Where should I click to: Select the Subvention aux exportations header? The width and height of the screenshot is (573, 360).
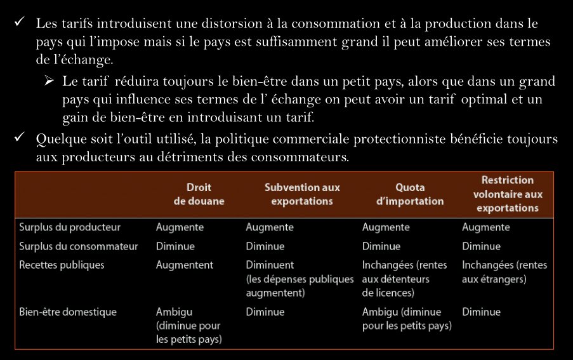(301, 194)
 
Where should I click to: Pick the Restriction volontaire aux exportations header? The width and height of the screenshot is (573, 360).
(507, 194)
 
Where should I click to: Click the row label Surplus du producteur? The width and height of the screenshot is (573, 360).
(70, 227)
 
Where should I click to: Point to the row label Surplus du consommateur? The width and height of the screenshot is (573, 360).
(78, 246)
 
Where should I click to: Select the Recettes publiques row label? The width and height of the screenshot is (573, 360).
(62, 265)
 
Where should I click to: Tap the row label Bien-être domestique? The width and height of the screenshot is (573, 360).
(68, 312)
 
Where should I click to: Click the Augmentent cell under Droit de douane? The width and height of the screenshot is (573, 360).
(185, 265)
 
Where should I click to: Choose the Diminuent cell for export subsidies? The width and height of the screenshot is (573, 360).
(300, 279)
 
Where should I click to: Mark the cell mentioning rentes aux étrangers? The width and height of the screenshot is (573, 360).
(504, 272)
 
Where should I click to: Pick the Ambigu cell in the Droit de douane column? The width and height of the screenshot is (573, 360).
(188, 326)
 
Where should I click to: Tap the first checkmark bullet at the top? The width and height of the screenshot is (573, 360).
(20, 23)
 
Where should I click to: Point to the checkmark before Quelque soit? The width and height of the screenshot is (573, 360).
(20, 138)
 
